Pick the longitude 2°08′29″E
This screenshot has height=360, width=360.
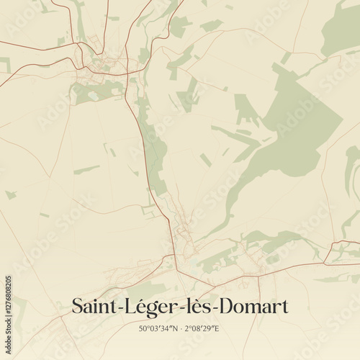[x=204, y=329]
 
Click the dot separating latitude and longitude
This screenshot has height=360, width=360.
[x=184, y=329]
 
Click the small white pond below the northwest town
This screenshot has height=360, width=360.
[x=93, y=94]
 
